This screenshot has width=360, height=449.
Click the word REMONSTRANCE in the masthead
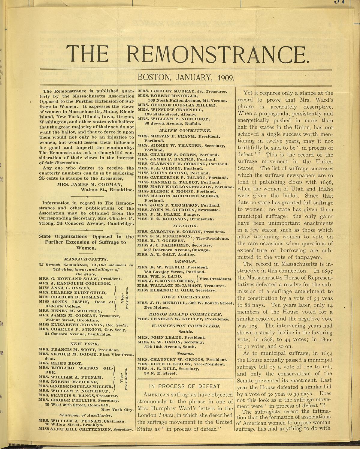pyautogui.click(x=219, y=54)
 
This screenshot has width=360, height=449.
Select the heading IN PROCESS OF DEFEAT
pyautogui.click(x=185, y=386)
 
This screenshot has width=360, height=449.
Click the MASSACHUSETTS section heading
pyautogui.click(x=86, y=259)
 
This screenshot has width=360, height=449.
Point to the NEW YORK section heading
pyautogui.click(x=86, y=344)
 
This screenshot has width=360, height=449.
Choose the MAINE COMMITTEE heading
pyautogui.click(x=185, y=130)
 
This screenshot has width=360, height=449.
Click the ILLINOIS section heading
pyautogui.click(x=185, y=226)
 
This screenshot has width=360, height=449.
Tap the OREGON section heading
pyautogui.click(x=185, y=261)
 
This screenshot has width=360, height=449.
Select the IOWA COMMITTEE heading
pyautogui.click(x=185, y=297)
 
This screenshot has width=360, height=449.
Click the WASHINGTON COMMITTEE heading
pyautogui.click(x=185, y=326)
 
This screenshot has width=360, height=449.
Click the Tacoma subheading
pyautogui.click(x=185, y=354)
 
